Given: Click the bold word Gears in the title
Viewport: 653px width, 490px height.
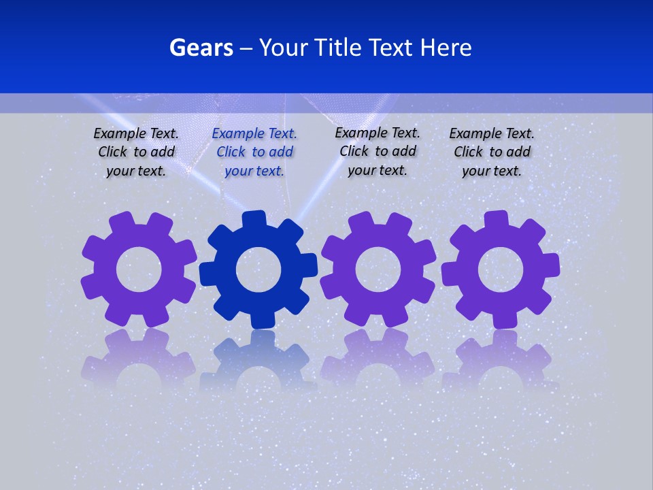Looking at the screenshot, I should (x=201, y=48).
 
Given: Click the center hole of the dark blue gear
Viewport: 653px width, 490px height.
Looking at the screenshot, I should (x=258, y=269).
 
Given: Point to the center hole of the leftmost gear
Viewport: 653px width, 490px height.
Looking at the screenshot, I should (x=139, y=269).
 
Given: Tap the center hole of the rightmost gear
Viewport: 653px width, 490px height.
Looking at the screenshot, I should (x=501, y=269).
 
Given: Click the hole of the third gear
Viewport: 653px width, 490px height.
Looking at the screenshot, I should (x=378, y=269).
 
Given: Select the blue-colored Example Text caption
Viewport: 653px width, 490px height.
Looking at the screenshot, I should (x=254, y=152).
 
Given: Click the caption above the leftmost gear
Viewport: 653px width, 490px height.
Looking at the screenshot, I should (x=136, y=152).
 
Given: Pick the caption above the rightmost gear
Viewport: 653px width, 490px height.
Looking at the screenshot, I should (x=492, y=152).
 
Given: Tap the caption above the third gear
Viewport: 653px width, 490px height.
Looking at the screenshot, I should (x=378, y=151).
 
